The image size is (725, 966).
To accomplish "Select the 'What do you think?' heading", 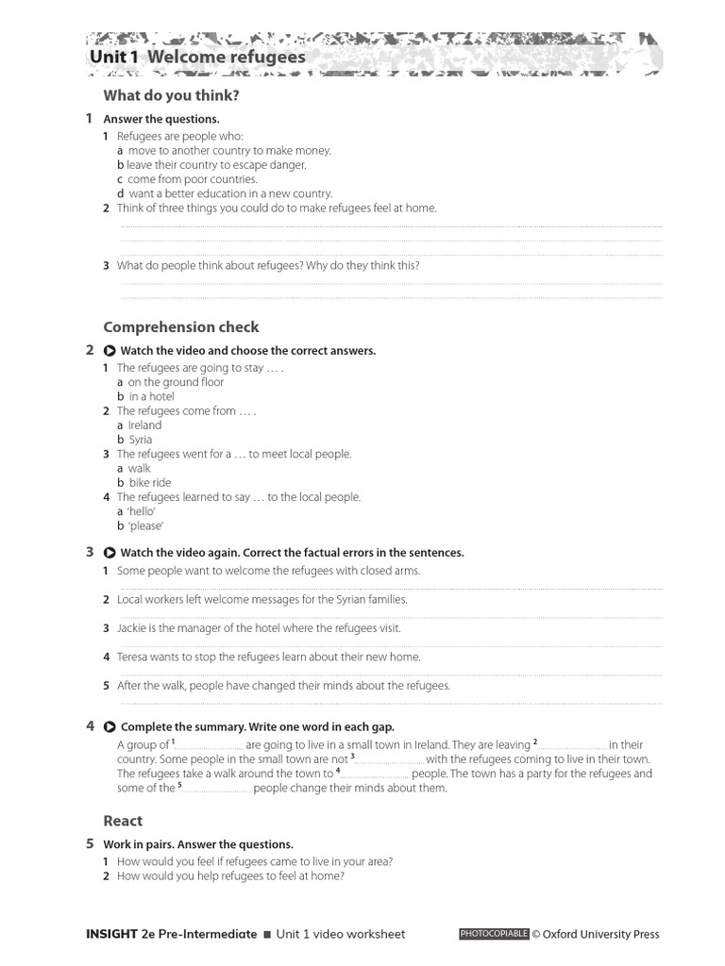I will coord(171,95).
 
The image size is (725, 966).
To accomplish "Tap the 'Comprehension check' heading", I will coord(180,327).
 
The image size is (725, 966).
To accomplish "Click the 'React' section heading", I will coord(123,821).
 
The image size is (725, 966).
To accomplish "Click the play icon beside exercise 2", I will coord(110,351).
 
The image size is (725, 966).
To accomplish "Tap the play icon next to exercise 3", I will coord(110,553).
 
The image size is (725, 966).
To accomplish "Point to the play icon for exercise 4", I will coord(110,727).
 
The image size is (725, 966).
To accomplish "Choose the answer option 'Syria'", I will coord(140,440).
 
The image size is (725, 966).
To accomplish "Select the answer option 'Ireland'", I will coord(144,425).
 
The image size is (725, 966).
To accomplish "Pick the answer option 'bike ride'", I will coord(150,483).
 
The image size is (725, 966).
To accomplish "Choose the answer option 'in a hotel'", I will coord(151,397).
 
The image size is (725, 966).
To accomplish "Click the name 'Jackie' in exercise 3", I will coord(132,628).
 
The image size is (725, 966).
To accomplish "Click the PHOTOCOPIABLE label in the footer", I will coord(494,934).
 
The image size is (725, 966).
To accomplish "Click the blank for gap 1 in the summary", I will coord(210,745).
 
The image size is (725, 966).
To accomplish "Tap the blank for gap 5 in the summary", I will coord(216,789).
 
